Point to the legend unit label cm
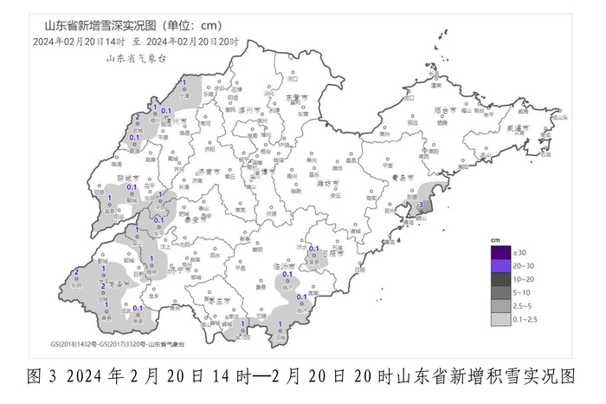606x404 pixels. pos(495,238)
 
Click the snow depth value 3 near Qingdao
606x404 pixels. pos(421,204)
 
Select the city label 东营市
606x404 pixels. pos(297,97)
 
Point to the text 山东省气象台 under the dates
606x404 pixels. pos(135,58)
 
